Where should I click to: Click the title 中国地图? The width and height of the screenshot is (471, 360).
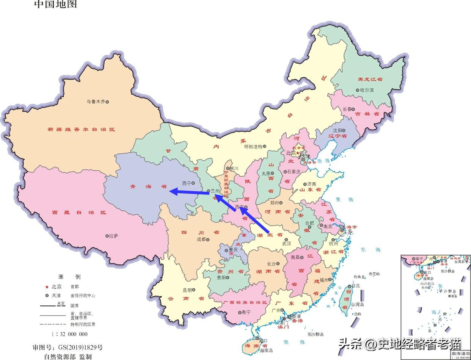(x=55, y=4)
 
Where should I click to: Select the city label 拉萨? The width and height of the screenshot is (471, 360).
(x=113, y=236)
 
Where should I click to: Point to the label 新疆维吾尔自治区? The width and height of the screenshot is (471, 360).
(x=81, y=129)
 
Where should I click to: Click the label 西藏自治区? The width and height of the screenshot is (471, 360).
(x=79, y=213)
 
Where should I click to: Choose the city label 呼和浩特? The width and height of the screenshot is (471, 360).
(x=253, y=147)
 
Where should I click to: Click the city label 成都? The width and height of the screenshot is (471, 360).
(x=201, y=239)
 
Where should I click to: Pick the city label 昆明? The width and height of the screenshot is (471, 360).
(x=187, y=290)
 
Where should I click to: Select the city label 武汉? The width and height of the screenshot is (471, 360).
(x=286, y=244)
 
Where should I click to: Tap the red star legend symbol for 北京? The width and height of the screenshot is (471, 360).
(x=47, y=286)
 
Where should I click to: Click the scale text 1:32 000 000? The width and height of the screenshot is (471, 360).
(x=69, y=334)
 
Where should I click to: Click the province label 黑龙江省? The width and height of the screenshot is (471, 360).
(x=370, y=80)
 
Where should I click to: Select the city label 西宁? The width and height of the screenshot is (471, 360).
(x=187, y=183)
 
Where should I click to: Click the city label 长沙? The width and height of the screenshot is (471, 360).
(x=271, y=264)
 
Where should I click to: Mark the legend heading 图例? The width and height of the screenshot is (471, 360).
(x=69, y=277)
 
